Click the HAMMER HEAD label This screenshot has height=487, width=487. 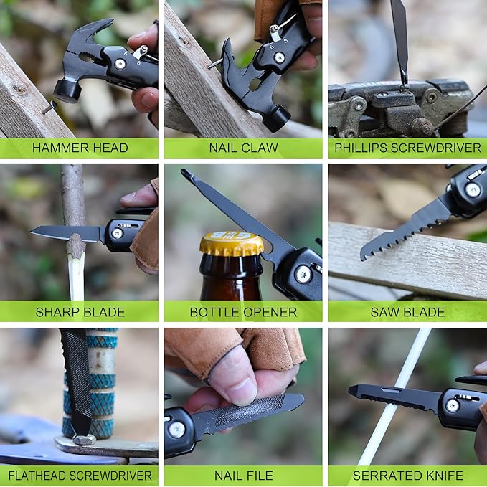tap(80, 148)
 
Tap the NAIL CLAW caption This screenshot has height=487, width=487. tap(242, 148)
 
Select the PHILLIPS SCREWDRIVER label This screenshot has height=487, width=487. tap(407, 148)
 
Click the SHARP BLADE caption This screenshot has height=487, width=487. tap(80, 312)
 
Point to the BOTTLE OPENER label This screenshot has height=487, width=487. tap(242, 312)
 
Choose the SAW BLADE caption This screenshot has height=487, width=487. tap(407, 312)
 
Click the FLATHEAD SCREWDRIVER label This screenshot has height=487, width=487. tap(80, 476)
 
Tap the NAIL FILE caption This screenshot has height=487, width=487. tap(242, 476)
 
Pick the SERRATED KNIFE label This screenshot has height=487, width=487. tap(407, 476)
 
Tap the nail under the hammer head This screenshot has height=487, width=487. tap(49, 108)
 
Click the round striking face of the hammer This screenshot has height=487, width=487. tap(66, 92)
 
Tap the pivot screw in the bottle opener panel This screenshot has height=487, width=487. tap(303, 274)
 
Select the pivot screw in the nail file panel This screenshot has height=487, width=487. tap(176, 430)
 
